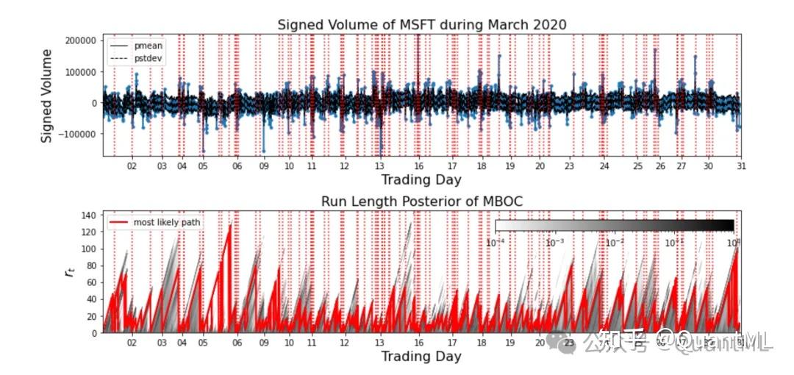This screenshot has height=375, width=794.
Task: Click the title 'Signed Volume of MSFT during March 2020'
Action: pos(422,25)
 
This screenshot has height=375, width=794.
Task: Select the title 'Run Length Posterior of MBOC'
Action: pos(422,201)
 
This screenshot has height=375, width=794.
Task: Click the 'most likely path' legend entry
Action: pos(166,222)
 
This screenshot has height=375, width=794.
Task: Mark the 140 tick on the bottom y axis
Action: pos(90,215)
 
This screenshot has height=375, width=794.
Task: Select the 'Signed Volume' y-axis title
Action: pos(46,96)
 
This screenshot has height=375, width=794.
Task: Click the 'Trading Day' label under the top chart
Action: pos(421,180)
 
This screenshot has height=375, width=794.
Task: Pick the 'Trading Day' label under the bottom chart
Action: pos(421,357)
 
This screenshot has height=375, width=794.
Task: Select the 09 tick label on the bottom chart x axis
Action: pos(263,343)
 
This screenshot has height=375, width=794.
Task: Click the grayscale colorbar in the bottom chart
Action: pos(615,226)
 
